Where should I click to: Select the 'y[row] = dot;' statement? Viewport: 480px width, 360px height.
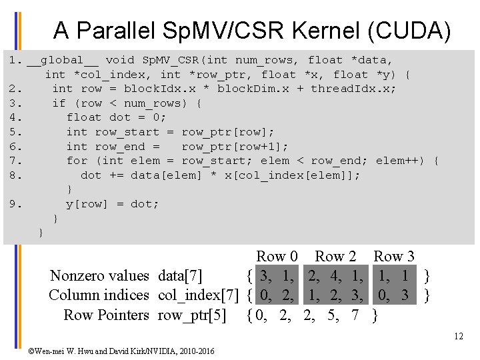coord(112,204)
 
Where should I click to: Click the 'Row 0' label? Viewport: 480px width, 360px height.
coord(277,256)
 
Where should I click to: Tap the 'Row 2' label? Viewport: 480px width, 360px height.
coord(335,256)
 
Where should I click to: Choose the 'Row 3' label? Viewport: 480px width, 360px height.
coord(393,256)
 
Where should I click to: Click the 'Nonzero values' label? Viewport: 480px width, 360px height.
coord(99,275)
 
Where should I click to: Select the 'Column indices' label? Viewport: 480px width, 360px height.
coord(99,295)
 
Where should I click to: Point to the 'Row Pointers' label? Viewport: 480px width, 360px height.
coord(106,315)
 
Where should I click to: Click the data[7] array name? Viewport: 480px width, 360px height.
coord(180,275)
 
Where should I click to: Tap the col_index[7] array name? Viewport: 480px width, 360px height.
coord(198,295)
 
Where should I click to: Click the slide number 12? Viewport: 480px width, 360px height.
coord(458,336)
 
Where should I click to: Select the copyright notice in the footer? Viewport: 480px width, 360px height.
coord(121,351)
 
